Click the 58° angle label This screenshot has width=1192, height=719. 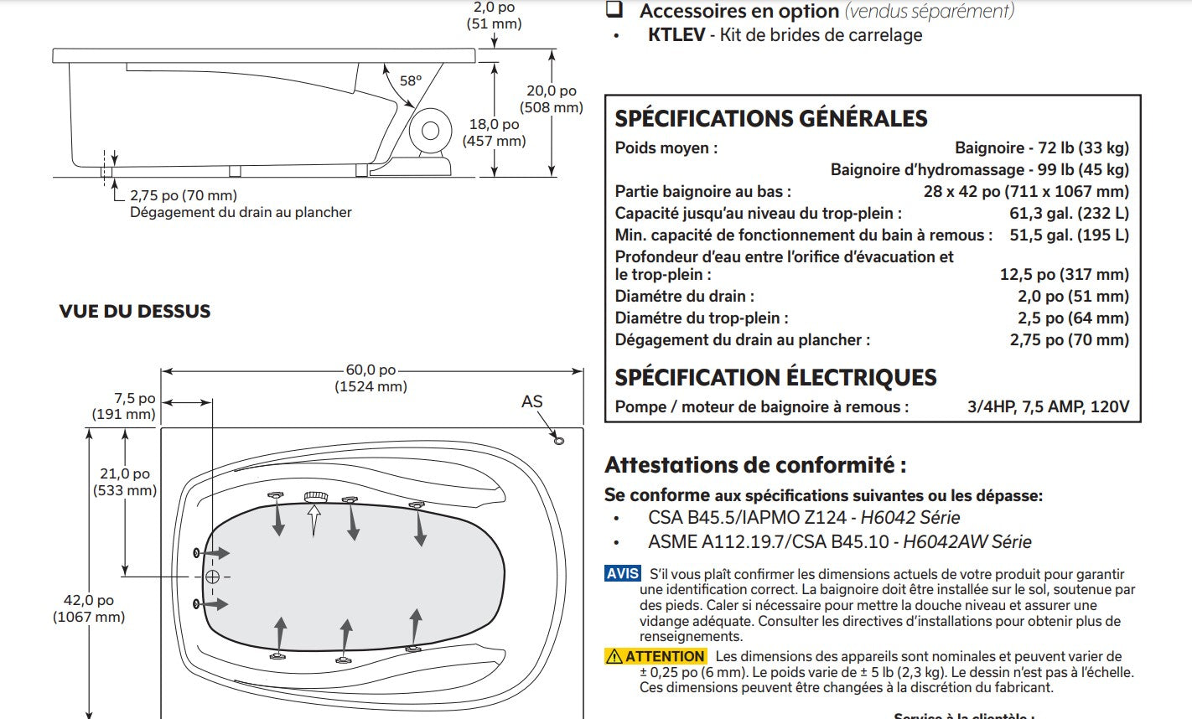coord(410,81)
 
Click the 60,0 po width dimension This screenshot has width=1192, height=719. coord(371,378)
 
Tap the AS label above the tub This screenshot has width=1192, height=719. coord(532,401)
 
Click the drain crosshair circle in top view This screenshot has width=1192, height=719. coord(212,577)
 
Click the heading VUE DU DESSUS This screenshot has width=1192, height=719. coord(135,311)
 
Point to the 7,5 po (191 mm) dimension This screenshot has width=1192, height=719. coord(124,406)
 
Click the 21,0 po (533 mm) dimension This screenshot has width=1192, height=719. coord(125,482)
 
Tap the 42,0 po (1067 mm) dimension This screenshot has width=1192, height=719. coord(89,608)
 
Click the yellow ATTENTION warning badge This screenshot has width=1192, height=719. coord(656,656)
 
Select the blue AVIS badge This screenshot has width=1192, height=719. coord(623,574)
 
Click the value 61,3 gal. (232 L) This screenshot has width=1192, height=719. coord(1069,213)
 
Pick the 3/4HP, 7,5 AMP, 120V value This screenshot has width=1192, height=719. coord(1048,407)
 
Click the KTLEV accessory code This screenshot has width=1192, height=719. coord(676,35)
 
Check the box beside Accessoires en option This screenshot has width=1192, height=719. coord(614,10)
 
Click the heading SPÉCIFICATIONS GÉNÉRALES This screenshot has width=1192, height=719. coord(771,118)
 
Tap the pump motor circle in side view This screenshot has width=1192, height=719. coord(431,131)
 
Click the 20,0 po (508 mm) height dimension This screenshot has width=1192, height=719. coord(552,99)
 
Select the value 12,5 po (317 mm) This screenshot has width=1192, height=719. coord(1064,274)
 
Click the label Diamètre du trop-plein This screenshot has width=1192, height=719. coord(701,318)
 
